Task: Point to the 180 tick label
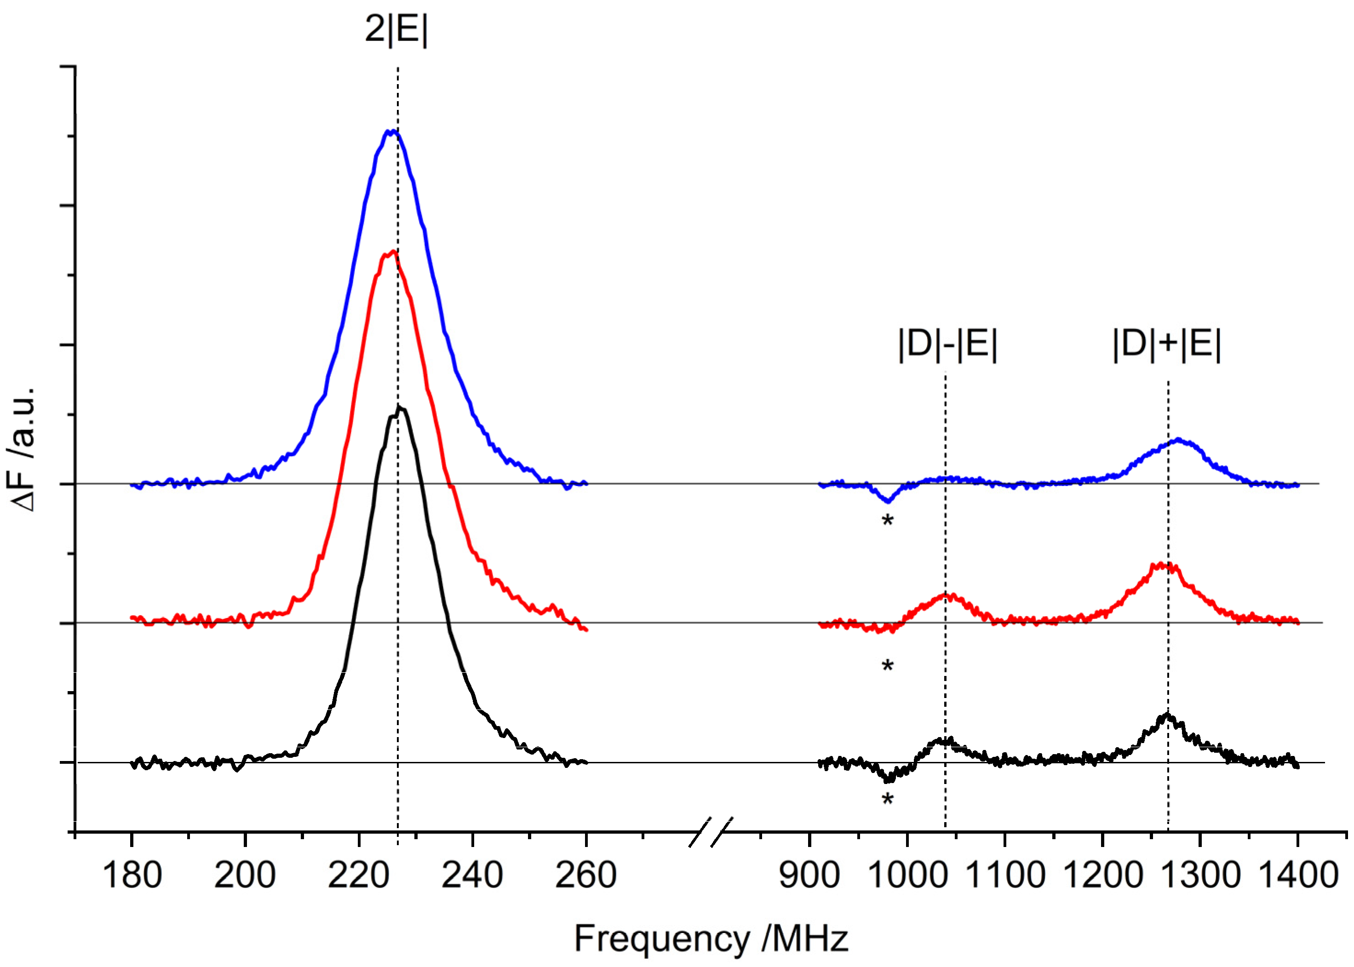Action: tap(132, 875)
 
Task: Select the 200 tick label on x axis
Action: tap(245, 875)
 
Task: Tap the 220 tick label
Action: tap(358, 875)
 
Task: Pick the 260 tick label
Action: tap(586, 875)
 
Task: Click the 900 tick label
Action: tap(809, 875)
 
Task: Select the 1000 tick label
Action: tap(907, 875)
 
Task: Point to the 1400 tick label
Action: tap(1298, 875)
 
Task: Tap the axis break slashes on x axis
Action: tap(710, 832)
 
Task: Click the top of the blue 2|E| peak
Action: tap(392, 131)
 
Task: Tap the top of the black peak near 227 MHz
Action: tap(400, 408)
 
